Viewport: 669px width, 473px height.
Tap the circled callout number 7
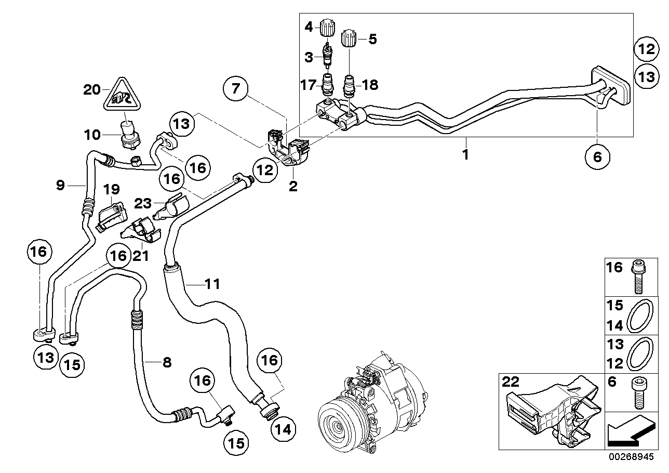tap(236, 89)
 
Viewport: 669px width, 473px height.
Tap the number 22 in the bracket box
tap(511, 382)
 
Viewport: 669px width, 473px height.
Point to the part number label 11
tap(212, 284)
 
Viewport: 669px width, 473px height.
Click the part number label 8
tap(166, 362)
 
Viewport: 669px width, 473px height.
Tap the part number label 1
tap(466, 154)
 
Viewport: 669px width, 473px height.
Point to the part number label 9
tap(61, 185)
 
